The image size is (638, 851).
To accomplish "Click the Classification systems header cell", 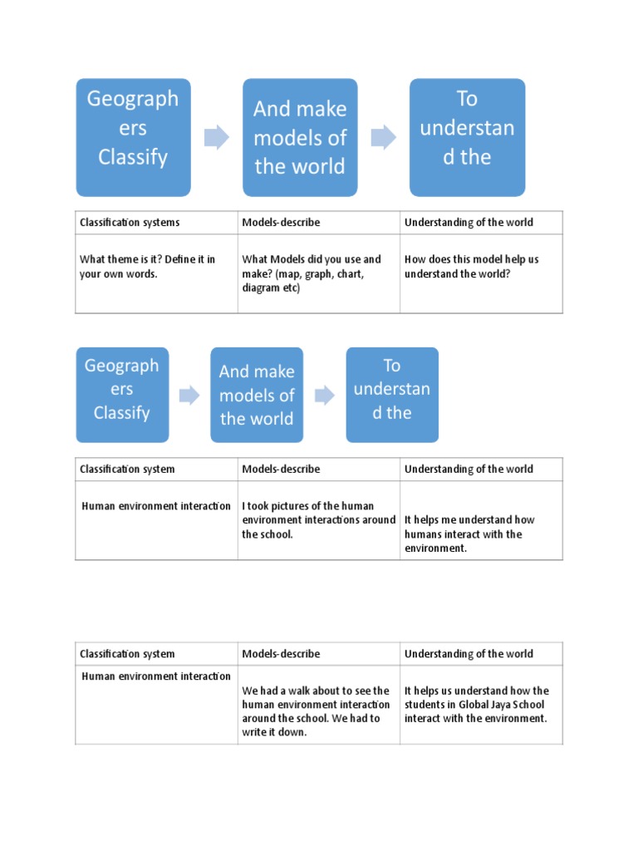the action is (156, 223).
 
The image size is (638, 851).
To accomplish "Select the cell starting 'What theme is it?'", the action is (156, 273).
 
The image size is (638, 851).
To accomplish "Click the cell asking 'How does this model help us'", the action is (481, 273).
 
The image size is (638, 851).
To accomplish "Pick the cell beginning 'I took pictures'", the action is (319, 520).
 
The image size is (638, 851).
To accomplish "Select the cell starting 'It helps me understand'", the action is (481, 520).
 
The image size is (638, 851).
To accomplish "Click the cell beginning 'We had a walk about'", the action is (319, 705).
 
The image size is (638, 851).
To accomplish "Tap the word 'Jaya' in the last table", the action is (499, 705).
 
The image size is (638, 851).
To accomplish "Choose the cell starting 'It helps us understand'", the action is (481, 705).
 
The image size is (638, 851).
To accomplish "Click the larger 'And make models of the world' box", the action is (300, 137).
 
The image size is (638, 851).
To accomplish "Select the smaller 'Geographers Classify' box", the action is (122, 395).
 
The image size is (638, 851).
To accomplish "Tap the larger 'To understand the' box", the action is (467, 137).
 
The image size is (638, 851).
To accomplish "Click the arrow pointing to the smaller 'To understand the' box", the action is (325, 395).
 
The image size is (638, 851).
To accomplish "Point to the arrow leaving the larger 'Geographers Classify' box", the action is (217, 137).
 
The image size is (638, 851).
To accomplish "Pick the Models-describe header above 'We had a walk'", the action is (281, 654).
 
